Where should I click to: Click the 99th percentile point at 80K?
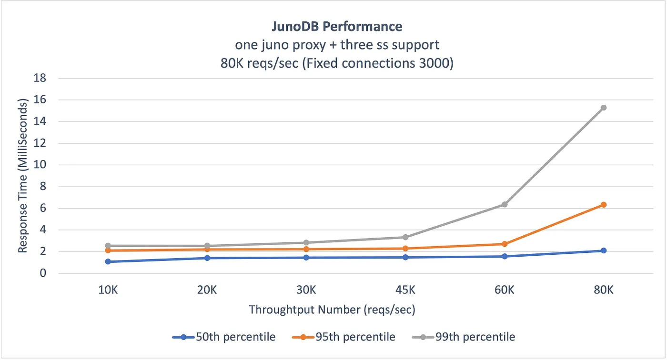(603, 108)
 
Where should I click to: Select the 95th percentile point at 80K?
(603, 205)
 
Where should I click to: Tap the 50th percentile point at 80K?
(603, 250)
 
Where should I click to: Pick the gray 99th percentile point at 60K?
(505, 204)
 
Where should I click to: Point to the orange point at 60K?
(505, 244)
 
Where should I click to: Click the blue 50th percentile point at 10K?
(108, 261)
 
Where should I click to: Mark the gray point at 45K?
(405, 237)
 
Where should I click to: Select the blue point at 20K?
(207, 258)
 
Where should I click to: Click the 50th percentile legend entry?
(224, 337)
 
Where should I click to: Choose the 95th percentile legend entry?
(344, 337)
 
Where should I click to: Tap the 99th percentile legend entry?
(464, 337)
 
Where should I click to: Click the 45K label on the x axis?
(405, 290)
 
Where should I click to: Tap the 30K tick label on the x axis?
(306, 290)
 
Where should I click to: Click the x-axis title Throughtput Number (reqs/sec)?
(332, 310)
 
